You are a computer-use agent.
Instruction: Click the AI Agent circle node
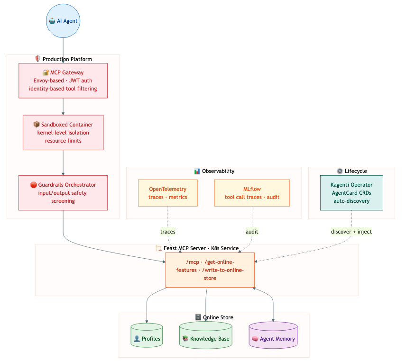click(63, 21)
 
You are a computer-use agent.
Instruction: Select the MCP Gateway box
click(63, 81)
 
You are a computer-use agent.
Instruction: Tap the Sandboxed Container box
click(63, 133)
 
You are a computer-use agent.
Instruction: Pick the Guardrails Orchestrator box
click(63, 193)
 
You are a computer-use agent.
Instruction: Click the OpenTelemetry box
click(168, 193)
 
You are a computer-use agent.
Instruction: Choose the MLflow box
click(252, 193)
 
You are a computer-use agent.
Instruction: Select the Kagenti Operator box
click(351, 193)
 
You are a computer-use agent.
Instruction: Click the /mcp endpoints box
click(210, 270)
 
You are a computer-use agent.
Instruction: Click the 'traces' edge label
click(168, 232)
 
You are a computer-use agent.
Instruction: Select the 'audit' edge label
click(252, 232)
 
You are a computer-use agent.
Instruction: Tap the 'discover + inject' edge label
click(351, 232)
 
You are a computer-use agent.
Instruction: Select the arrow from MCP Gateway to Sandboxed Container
click(63, 107)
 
